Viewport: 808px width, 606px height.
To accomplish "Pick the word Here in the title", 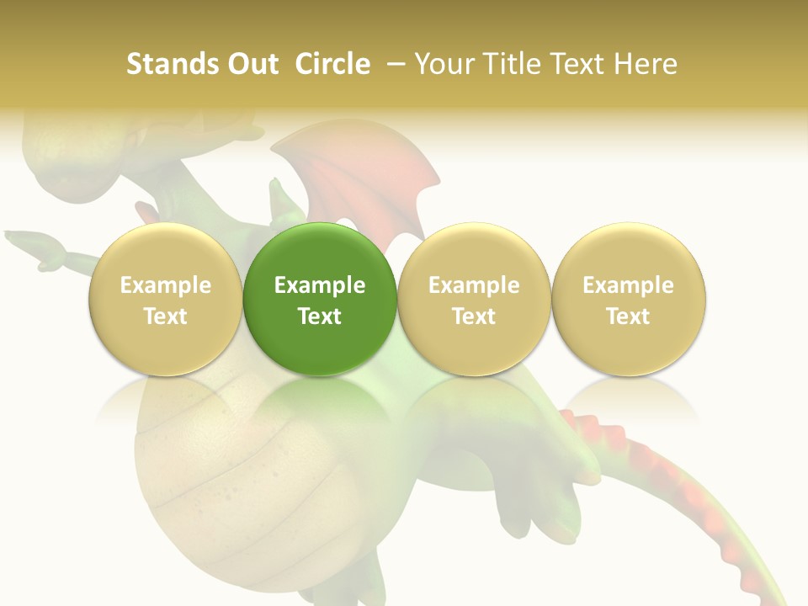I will [x=647, y=64].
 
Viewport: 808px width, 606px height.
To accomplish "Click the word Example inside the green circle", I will [x=320, y=285].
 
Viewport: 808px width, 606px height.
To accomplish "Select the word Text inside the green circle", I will [x=320, y=316].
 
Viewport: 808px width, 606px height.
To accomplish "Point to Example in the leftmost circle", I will [x=166, y=285].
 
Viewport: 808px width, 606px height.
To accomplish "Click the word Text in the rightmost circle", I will [x=629, y=316].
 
